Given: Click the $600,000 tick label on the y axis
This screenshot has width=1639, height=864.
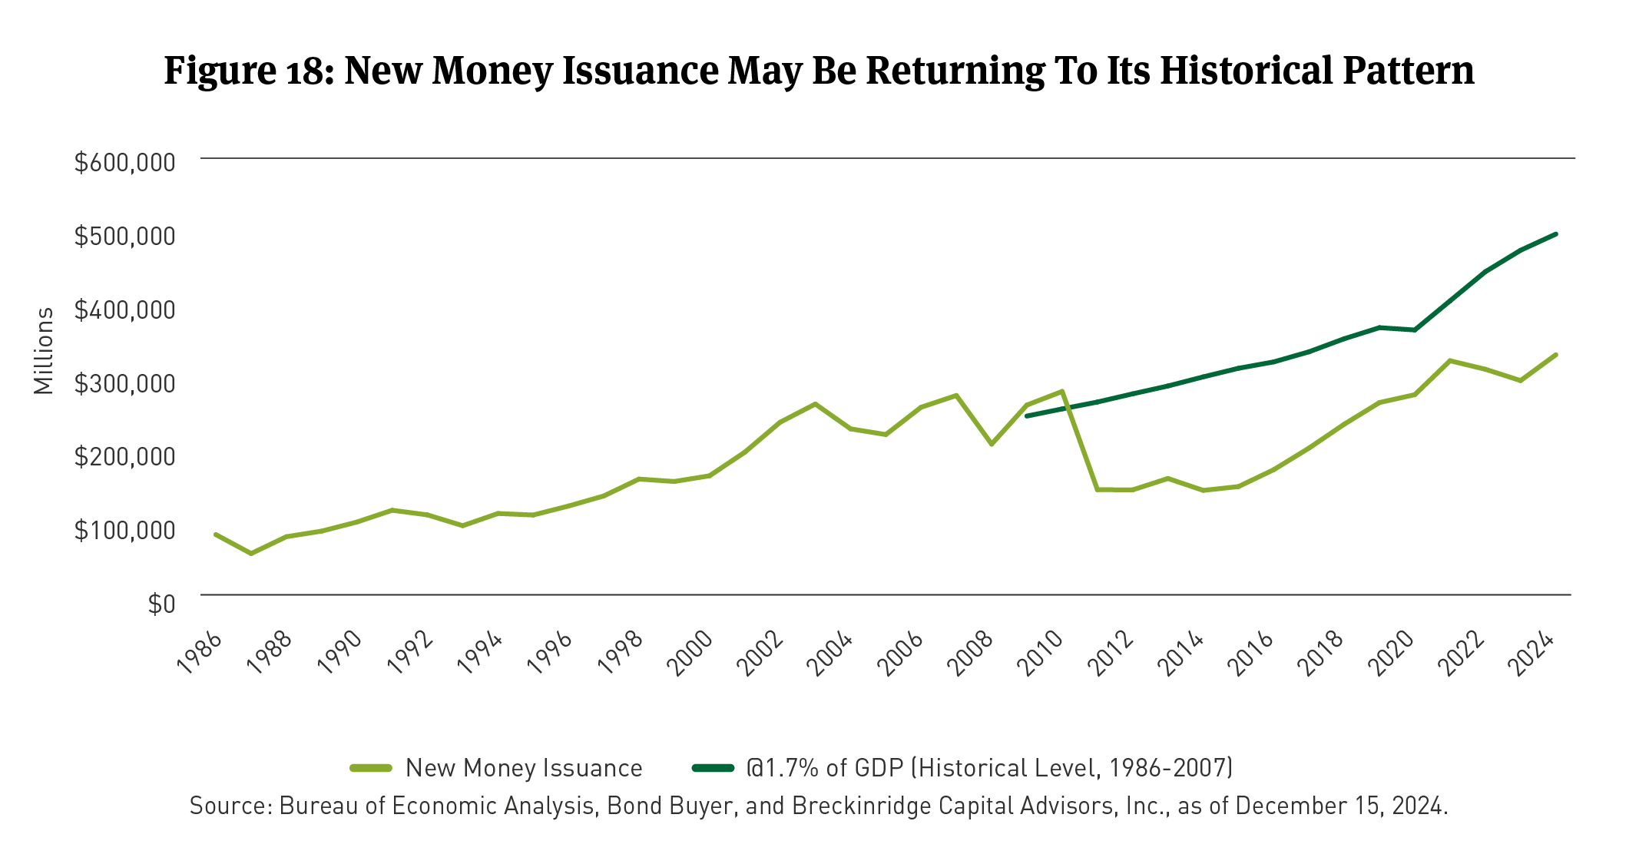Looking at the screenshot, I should [124, 162].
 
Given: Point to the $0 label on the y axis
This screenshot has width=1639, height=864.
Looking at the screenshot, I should [161, 604].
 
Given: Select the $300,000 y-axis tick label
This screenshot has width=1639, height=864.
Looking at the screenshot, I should [124, 382].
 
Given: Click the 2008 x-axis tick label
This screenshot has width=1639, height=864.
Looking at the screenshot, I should [972, 653].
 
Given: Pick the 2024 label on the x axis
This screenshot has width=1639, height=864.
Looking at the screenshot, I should [1535, 653].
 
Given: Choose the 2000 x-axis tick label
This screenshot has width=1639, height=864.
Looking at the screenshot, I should [691, 653].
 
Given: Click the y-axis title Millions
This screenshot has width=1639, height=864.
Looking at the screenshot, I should [44, 351].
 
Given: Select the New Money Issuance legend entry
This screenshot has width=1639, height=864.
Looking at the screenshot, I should [523, 767].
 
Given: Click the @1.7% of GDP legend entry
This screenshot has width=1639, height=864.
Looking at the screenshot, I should [989, 767].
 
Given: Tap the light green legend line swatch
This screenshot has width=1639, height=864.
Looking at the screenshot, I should [372, 767].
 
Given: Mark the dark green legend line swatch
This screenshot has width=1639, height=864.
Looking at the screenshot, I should [714, 767].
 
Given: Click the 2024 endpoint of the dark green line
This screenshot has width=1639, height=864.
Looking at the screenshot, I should [1555, 233].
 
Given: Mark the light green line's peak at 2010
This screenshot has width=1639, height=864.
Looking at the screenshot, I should [1062, 392].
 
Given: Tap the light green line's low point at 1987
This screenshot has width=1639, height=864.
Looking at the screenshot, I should [251, 553].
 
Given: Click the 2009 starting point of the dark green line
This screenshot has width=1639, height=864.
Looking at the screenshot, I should [1028, 415].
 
